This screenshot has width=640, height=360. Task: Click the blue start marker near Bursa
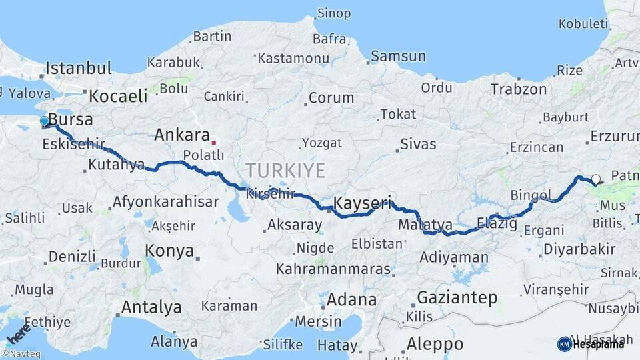(x=45, y=121)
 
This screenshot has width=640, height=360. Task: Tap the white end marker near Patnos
(x=595, y=179)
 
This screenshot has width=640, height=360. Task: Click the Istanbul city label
(x=79, y=68)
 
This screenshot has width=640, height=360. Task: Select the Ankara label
(x=182, y=135)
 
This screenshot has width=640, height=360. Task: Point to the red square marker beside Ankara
(x=213, y=142)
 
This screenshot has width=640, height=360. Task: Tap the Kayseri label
(x=362, y=203)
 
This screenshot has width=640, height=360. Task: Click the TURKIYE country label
(x=285, y=171)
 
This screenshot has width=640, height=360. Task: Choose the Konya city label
(x=169, y=251)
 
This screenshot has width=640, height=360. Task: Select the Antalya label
(x=151, y=307)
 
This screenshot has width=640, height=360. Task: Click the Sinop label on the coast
(x=333, y=13)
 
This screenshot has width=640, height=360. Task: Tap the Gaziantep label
(x=457, y=297)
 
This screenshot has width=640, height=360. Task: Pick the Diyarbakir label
(x=579, y=249)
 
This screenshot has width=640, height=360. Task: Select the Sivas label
(x=418, y=144)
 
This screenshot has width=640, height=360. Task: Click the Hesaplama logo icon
(x=564, y=344)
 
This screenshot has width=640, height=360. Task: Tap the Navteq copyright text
(x=23, y=354)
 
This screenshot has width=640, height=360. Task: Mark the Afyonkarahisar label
(x=166, y=201)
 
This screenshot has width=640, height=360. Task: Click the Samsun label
(x=398, y=57)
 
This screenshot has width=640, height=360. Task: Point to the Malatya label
(x=425, y=225)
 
